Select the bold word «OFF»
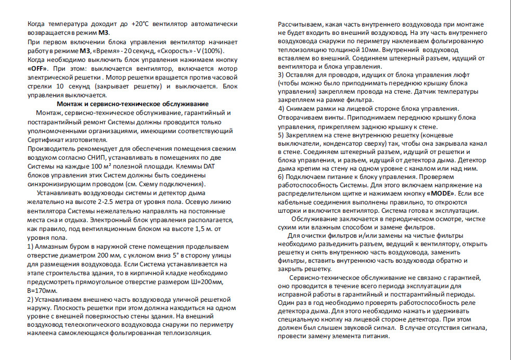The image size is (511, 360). tap(37, 69)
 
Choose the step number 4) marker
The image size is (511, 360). tap(282, 108)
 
